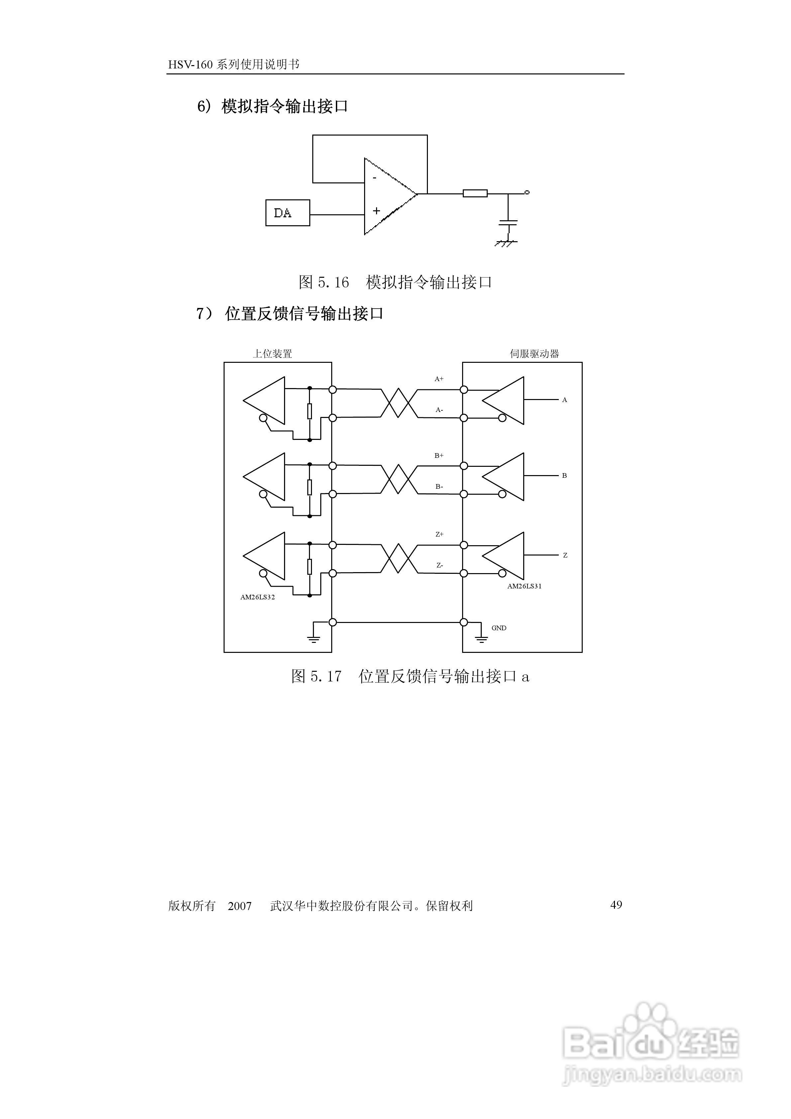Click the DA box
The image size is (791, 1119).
point(288,213)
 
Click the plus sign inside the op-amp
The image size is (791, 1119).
point(376,211)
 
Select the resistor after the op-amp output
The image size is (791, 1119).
point(475,193)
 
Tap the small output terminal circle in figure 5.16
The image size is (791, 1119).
point(527,192)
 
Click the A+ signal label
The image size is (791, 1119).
point(439,379)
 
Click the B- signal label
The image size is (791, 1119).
point(439,486)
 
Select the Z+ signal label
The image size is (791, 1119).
point(439,534)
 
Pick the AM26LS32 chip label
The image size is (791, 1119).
point(257,597)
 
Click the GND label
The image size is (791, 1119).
point(499,628)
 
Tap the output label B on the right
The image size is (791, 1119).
point(564,476)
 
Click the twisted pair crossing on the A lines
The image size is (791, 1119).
point(399,403)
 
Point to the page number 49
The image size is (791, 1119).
point(616,905)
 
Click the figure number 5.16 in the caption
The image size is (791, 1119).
point(333,282)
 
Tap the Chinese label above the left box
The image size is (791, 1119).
point(272,354)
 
